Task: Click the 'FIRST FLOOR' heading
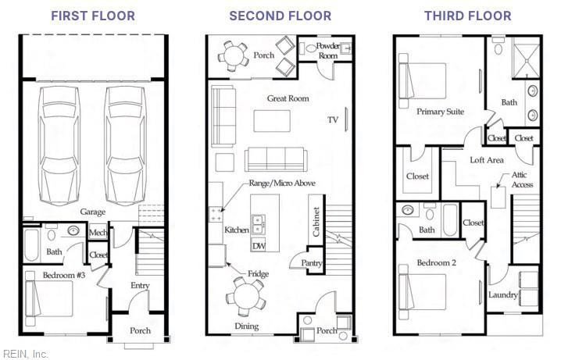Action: coord(93,16)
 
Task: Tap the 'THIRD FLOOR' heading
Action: coord(467,16)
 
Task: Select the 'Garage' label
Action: coord(93,212)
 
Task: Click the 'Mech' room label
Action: coord(98,233)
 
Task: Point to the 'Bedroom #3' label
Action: coord(64,275)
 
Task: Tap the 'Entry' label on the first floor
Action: coord(140,285)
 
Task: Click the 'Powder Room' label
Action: coord(328,51)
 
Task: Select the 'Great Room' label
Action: coord(288,98)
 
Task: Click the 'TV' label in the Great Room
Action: coord(333,119)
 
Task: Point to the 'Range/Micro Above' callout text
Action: coord(282,183)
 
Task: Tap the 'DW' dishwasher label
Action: coord(259,246)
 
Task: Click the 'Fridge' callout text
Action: coord(258,274)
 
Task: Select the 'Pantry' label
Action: coord(311,263)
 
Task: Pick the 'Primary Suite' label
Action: coord(440,112)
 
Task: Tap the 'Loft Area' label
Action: coord(487,160)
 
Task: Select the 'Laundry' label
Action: coord(503,295)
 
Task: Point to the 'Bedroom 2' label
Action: coord(437,262)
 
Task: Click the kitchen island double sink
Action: coord(258,224)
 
